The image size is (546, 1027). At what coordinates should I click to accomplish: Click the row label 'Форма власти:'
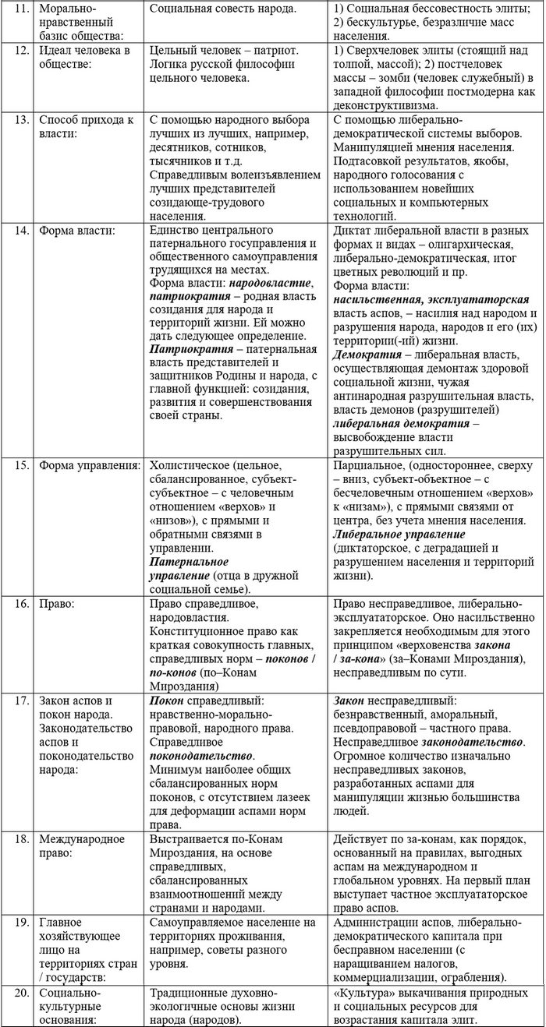[x=76, y=231]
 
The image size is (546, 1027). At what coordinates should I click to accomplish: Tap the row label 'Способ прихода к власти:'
[x=87, y=127]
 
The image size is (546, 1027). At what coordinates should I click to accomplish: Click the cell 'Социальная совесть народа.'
[x=222, y=9]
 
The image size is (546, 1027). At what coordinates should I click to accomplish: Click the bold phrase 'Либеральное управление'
[x=399, y=535]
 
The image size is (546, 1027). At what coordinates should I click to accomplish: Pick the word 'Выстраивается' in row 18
[x=190, y=838]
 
